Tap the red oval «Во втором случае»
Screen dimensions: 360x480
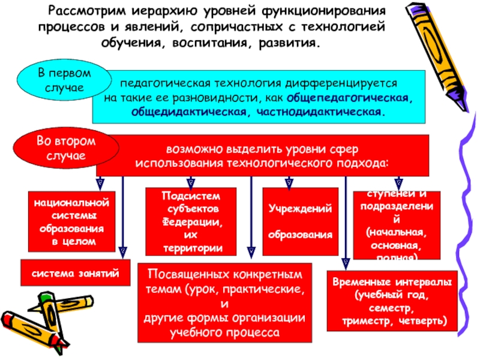point(58,148)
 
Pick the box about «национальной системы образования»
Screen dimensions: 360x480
point(71,220)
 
